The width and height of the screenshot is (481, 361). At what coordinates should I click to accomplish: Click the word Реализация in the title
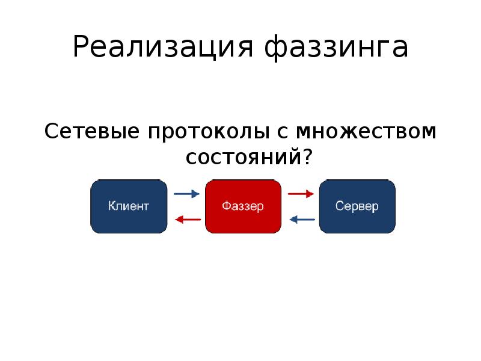coord(165,48)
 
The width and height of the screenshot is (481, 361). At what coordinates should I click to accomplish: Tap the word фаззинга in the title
coord(337,48)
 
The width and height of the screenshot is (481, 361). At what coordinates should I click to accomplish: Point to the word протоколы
coord(210,131)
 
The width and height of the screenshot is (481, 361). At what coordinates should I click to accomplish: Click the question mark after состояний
coord(307,158)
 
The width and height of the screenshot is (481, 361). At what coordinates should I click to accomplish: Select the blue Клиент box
coord(128,206)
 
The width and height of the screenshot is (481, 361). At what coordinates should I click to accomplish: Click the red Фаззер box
coord(243,206)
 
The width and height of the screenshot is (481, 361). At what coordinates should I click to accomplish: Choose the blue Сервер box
coord(357,206)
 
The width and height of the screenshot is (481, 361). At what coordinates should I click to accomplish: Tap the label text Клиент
coord(128,206)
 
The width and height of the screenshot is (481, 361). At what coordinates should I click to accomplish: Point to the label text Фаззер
coord(243,206)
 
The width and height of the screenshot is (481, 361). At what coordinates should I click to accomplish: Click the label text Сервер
coord(357,206)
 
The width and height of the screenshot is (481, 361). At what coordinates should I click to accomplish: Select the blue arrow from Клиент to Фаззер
coord(186,194)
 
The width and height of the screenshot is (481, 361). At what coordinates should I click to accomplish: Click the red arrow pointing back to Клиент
coord(186,220)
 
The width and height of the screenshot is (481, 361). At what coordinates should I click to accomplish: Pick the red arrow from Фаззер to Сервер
coord(301,194)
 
